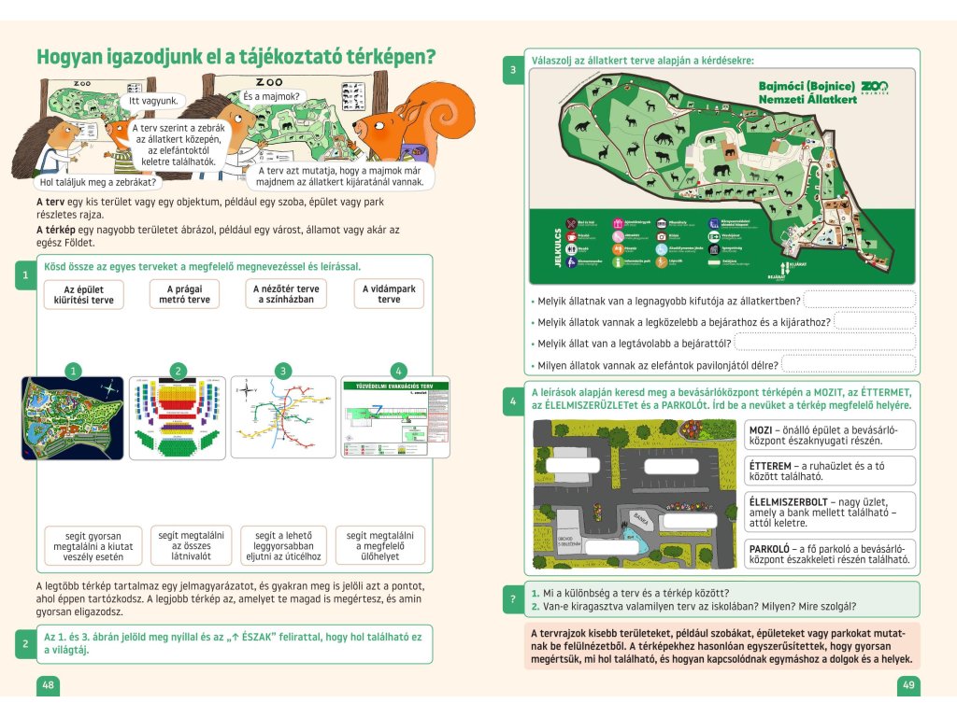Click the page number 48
pos(48,685)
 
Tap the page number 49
pos(908,685)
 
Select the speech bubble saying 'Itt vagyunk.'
pos(152,100)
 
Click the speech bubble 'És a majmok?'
pos(271,96)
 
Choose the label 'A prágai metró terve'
pos(184,294)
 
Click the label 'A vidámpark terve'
pos(390,294)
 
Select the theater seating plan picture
pos(178,417)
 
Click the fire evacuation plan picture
pos(388,417)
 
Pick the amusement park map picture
pos(72,417)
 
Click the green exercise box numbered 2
pos(24,644)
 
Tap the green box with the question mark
pos(511,599)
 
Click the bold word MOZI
pos(762,429)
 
